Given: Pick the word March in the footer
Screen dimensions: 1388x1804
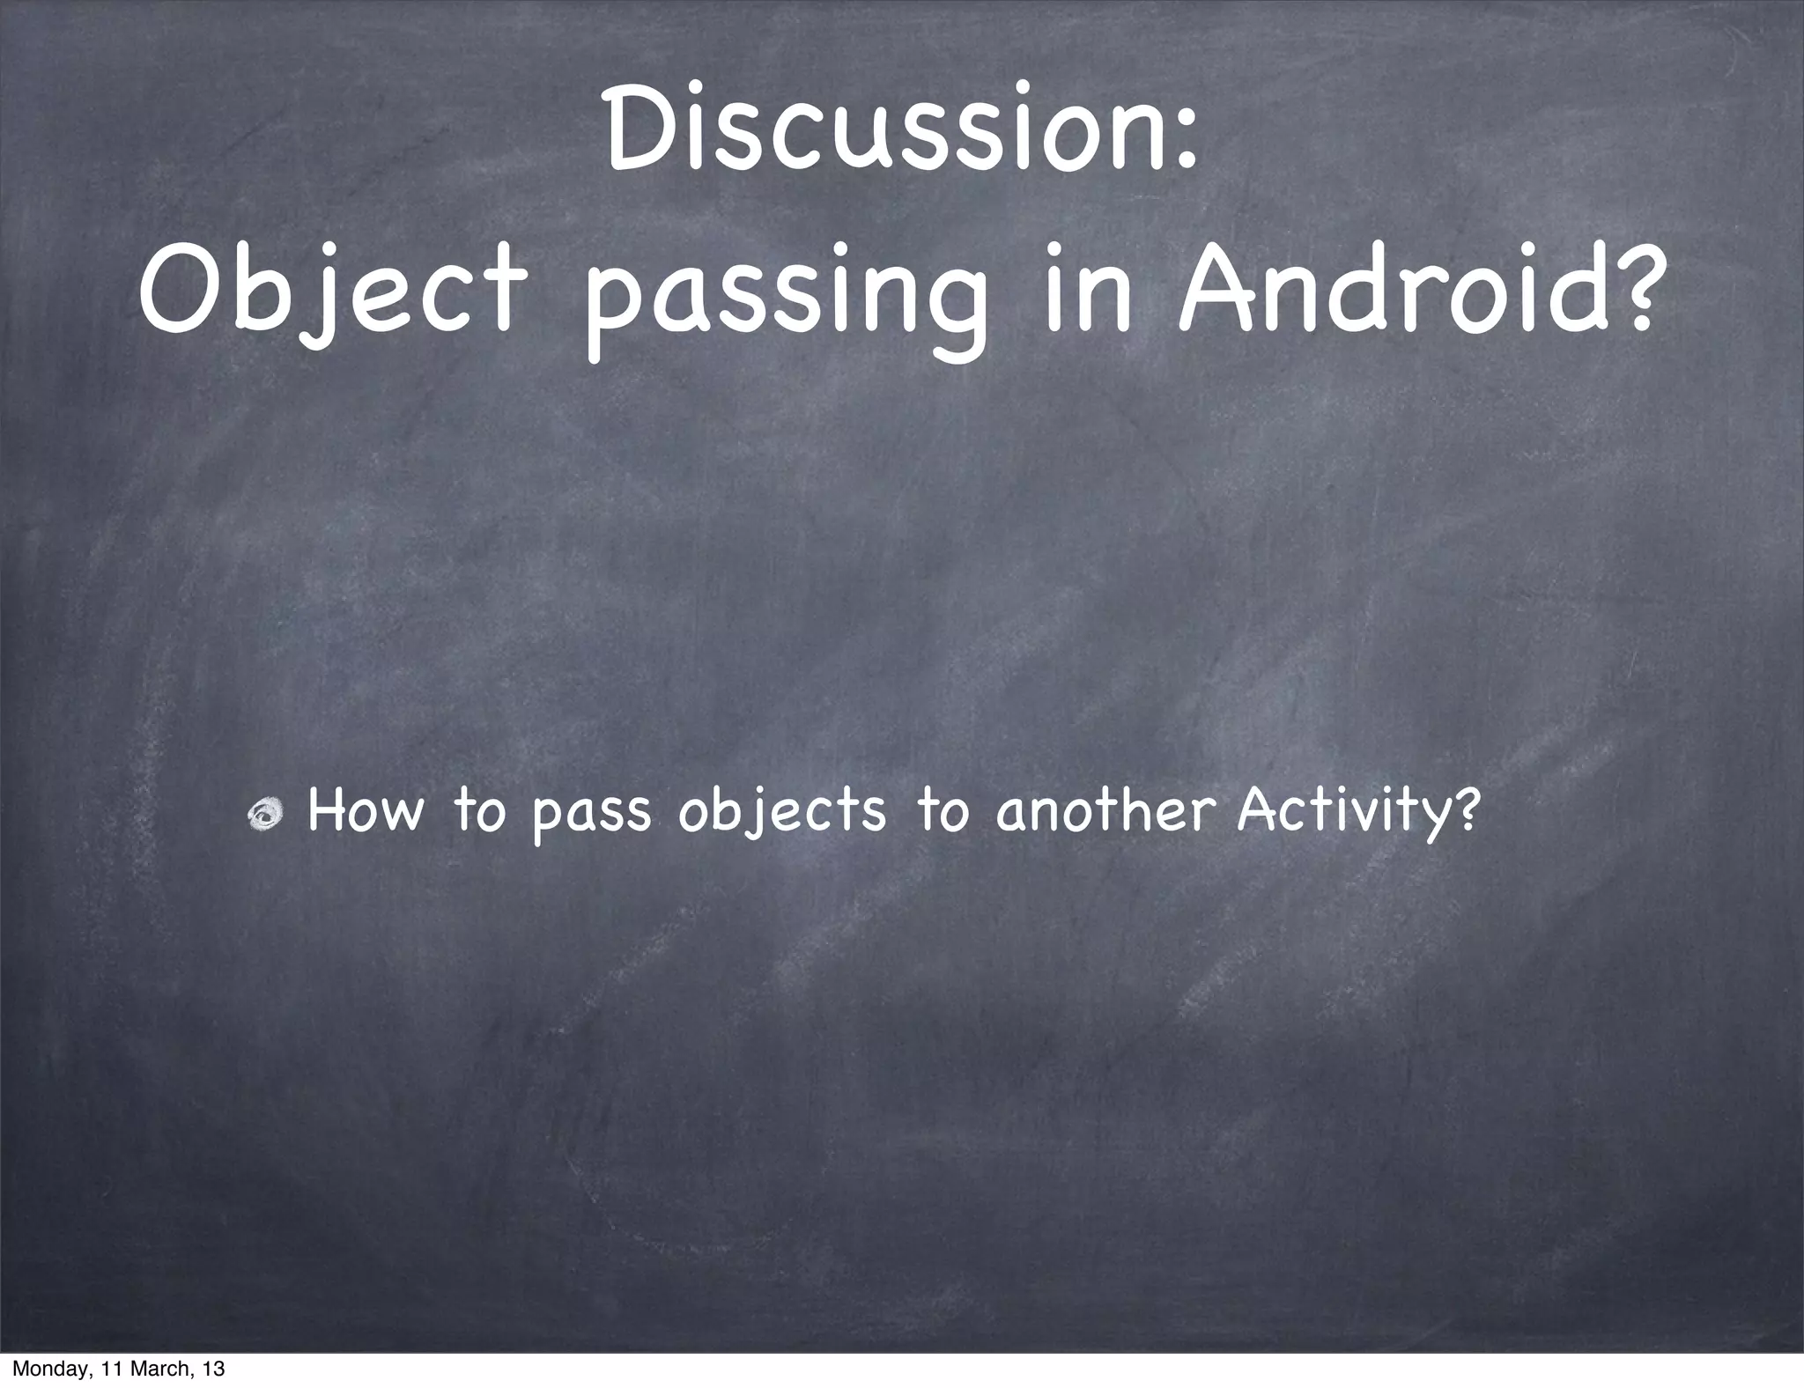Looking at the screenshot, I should pyautogui.click(x=153, y=1370).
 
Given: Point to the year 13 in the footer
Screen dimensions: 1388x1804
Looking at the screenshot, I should pyautogui.click(x=212, y=1370).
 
